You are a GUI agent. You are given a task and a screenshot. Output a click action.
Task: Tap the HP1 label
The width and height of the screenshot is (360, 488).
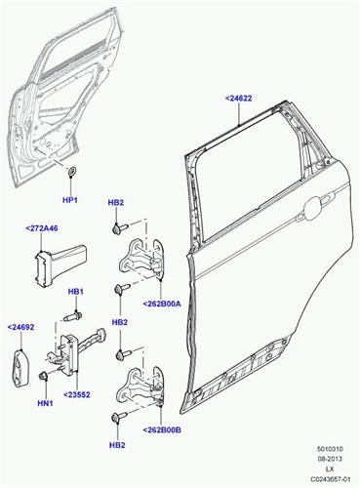pos(69,200)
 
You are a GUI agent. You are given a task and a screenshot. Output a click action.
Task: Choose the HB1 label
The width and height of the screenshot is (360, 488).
pos(75,292)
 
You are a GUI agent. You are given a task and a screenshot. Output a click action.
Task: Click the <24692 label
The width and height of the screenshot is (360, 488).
pos(22,327)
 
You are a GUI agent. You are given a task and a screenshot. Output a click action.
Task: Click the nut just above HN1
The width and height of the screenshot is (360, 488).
pos(45,376)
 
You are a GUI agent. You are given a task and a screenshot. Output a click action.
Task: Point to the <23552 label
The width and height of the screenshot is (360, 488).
pos(77,394)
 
